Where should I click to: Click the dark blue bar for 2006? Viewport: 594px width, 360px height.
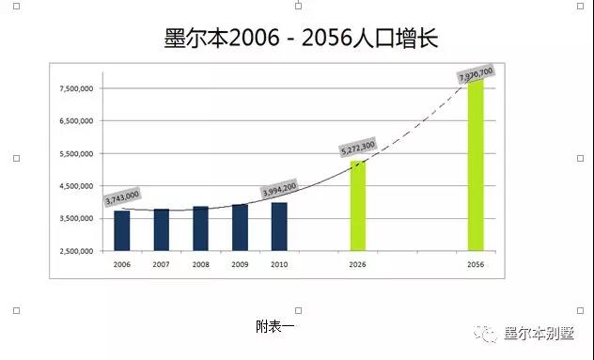122,231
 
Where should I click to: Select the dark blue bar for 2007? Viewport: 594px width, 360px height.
162,230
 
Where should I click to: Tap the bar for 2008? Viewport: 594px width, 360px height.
201,228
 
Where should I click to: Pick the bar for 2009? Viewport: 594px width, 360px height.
241,227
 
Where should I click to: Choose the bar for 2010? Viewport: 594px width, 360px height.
279,227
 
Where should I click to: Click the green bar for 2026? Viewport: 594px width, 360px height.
357,206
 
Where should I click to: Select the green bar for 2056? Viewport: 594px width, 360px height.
476,165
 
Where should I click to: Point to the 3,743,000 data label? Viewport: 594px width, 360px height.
122,197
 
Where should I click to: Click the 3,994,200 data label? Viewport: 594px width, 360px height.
279,189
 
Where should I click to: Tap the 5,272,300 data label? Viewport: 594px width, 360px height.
358,147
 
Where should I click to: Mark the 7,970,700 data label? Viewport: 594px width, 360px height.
477,74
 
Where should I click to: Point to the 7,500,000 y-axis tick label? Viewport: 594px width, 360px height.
76,88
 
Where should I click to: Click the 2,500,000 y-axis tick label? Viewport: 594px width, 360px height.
76,251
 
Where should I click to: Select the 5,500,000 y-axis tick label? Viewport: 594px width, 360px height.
76,154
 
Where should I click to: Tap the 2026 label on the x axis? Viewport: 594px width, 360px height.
357,264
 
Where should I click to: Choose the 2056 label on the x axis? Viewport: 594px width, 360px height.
476,264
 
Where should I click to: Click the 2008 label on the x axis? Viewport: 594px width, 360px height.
201,264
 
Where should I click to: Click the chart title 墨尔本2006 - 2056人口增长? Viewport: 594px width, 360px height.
301,38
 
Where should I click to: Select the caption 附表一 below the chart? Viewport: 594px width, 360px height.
275,327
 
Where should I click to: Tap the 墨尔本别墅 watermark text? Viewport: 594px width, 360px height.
539,334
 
